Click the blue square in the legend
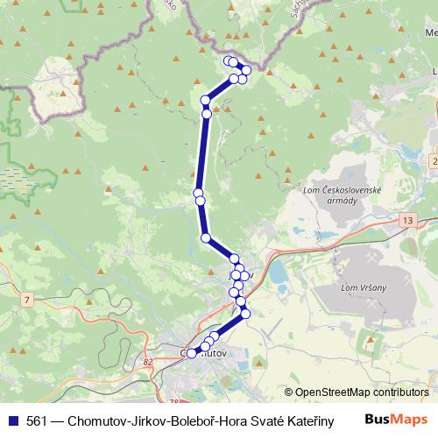point(14,420)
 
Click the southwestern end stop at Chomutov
point(192,353)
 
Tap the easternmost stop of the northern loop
point(247,70)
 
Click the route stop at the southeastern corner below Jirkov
point(245,313)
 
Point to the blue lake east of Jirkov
point(279,276)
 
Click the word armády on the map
point(340,201)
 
